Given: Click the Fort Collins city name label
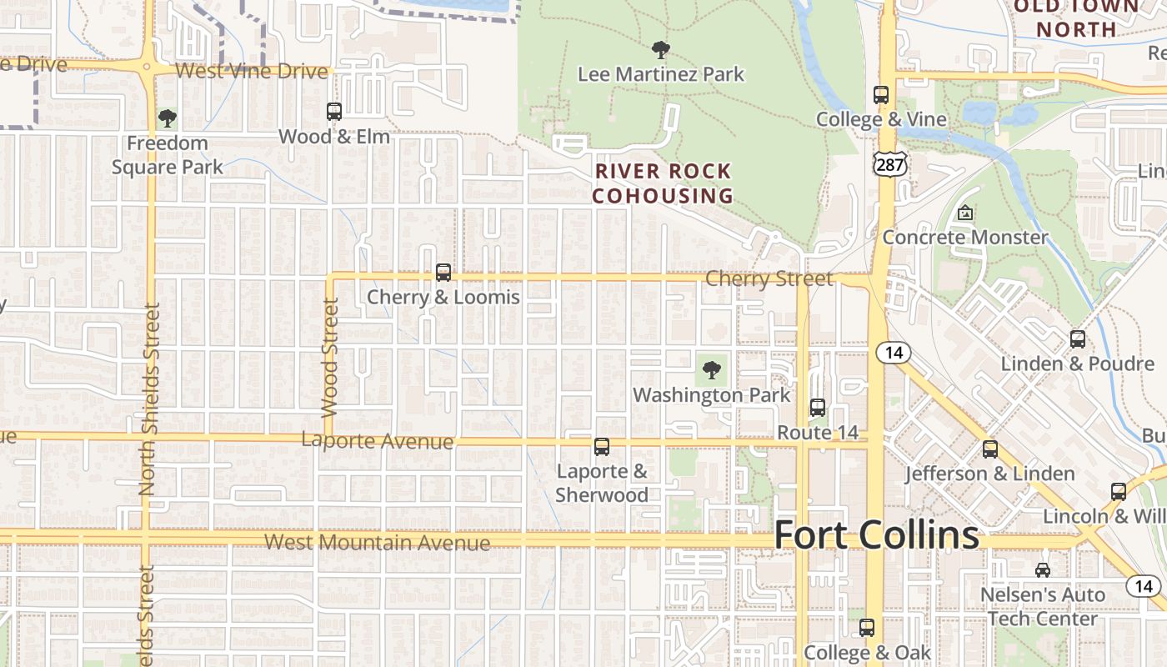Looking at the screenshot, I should [876, 534].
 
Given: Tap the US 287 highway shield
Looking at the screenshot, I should [889, 164].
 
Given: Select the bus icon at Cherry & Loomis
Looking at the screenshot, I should [443, 273].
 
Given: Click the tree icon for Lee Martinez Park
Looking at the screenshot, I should [661, 50].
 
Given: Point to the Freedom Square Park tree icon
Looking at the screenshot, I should [168, 118].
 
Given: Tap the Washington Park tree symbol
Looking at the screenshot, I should [711, 370].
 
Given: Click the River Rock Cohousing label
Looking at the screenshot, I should [664, 183].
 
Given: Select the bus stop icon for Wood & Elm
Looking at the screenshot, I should [334, 112].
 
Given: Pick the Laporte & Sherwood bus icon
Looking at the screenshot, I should [602, 447].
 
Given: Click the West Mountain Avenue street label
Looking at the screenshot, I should [377, 543].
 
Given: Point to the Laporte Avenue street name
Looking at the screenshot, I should [377, 441].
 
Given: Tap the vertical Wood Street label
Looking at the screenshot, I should [330, 358].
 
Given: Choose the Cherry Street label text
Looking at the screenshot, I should [769, 278].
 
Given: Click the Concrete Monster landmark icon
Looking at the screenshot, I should [965, 213].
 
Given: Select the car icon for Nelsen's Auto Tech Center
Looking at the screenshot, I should [1043, 570].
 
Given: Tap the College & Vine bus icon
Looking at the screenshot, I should [881, 95].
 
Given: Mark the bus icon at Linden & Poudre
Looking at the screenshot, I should [1078, 339].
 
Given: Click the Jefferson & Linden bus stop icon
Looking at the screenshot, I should [990, 449].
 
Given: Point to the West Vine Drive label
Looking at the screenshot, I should [252, 71].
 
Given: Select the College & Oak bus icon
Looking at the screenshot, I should [867, 628].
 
